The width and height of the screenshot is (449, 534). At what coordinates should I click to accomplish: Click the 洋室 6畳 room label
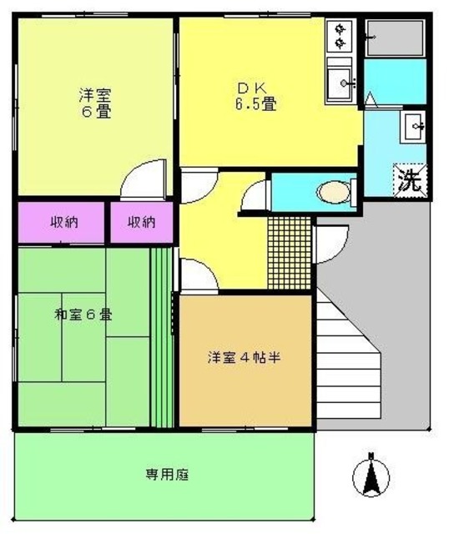96,103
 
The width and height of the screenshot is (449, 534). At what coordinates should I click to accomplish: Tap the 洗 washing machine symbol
410,180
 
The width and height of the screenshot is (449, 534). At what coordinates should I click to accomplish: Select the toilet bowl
333,193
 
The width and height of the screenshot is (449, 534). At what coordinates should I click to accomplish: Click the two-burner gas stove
341,36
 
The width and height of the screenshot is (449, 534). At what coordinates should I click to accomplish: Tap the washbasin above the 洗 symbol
415,128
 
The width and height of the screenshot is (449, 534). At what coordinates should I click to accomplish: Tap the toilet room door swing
255,195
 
